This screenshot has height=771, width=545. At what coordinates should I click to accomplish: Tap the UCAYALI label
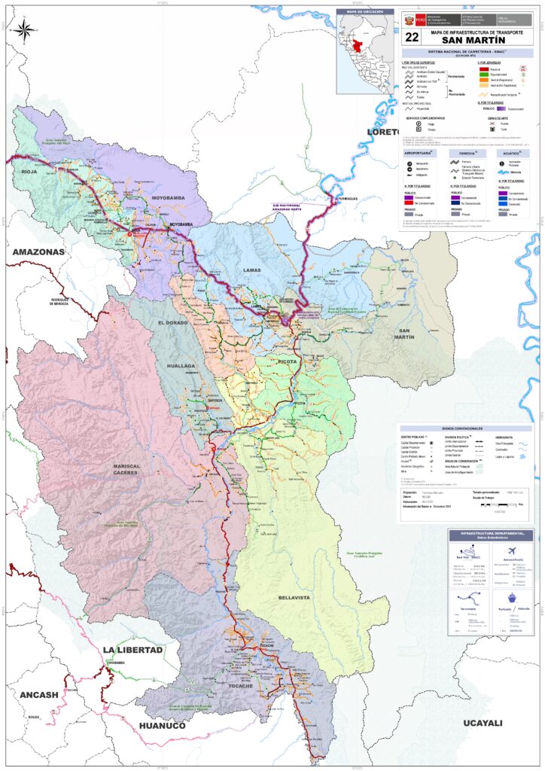click(x=482, y=723)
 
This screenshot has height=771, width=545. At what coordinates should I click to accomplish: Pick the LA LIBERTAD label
click(x=132, y=649)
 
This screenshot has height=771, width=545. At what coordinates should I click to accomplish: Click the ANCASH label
click(x=38, y=694)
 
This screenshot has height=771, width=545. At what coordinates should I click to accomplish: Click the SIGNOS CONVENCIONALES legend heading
click(x=466, y=428)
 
